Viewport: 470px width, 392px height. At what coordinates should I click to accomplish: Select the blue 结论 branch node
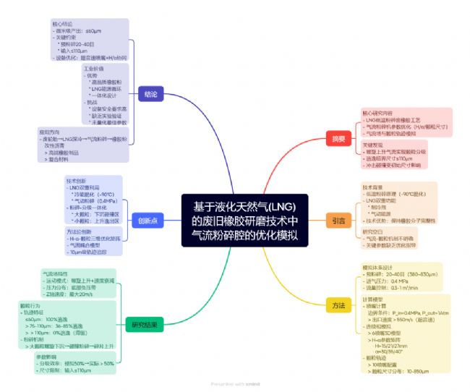tap(151, 94)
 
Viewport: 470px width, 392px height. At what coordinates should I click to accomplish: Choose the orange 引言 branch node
tap(338, 220)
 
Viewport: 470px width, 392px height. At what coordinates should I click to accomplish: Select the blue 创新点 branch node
tap(148, 220)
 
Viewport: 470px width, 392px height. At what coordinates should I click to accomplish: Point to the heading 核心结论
tap(63, 23)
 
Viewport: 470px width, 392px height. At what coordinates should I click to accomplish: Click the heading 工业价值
tap(94, 68)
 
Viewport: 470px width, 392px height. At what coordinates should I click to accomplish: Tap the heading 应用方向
tap(50, 132)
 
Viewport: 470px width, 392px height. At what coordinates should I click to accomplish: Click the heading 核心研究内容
tap(377, 113)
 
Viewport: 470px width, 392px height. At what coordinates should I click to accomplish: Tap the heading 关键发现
tap(373, 145)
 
